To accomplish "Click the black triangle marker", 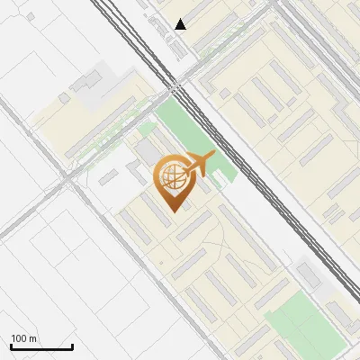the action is coord(181,24).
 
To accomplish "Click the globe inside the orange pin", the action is coord(170,176).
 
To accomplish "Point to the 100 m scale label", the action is coord(23,338).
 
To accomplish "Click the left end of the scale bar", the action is coord(11,346).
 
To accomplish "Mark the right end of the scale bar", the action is coord(72,346).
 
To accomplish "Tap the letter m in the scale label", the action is coord(32,338).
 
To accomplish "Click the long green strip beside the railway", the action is coord(193,135).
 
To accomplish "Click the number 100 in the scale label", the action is coord(19,338).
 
